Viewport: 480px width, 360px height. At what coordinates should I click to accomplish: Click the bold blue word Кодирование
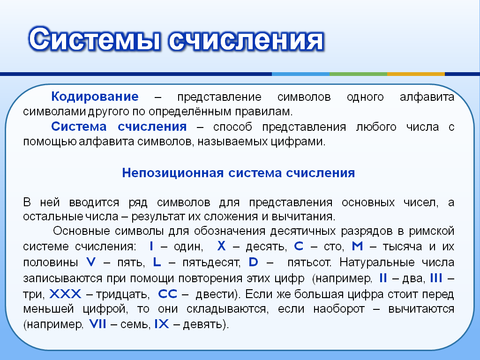pyautogui.click(x=95, y=97)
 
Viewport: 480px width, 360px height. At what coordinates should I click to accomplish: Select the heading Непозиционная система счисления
pyautogui.click(x=239, y=173)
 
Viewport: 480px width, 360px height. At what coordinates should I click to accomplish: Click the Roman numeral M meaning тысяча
pyautogui.click(x=357, y=246)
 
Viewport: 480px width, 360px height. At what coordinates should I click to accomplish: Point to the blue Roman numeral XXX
pyautogui.click(x=65, y=293)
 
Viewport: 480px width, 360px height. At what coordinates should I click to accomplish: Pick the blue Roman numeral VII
pyautogui.click(x=97, y=323)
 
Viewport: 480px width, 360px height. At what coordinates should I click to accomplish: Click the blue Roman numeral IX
pyautogui.click(x=162, y=323)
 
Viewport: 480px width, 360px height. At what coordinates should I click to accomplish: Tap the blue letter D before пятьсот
pyautogui.click(x=253, y=262)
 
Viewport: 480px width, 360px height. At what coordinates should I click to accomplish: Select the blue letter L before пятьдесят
pyautogui.click(x=157, y=262)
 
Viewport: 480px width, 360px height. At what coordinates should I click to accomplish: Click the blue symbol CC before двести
pyautogui.click(x=167, y=293)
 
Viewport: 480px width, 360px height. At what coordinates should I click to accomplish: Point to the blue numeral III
pyautogui.click(x=436, y=277)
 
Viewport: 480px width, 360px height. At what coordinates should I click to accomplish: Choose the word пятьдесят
pyautogui.click(x=211, y=262)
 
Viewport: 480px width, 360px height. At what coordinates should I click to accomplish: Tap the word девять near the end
pyautogui.click(x=205, y=324)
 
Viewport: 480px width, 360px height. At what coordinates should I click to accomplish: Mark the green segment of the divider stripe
pyautogui.click(x=358, y=74)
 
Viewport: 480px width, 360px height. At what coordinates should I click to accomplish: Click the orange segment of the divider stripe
pyautogui.click(x=416, y=74)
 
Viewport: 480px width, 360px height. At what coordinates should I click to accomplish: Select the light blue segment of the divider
pyautogui.click(x=300, y=74)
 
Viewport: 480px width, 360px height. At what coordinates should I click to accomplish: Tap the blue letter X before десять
pyautogui.click(x=221, y=246)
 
